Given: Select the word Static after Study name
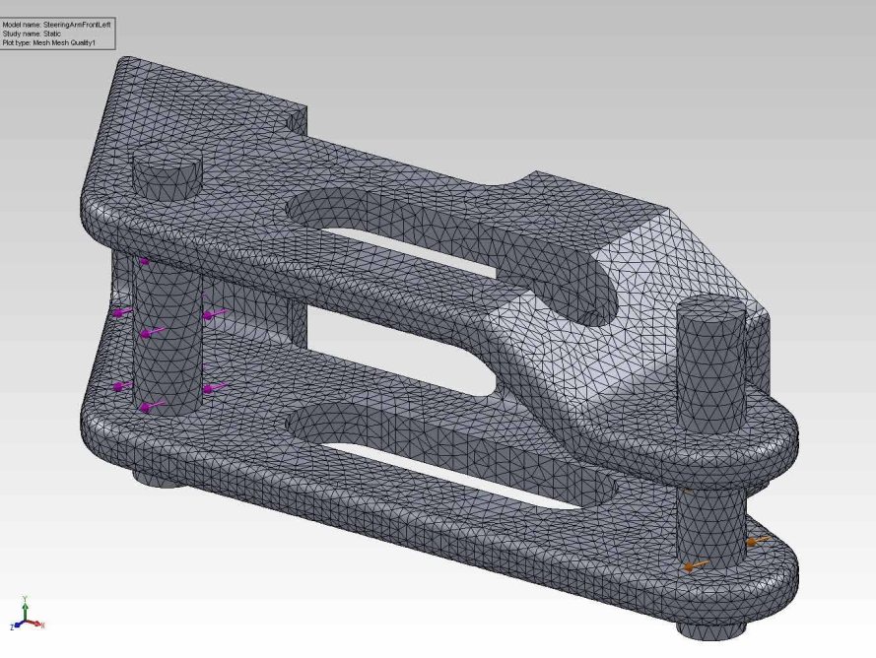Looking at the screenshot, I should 51,33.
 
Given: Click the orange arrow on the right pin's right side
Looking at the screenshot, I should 756,541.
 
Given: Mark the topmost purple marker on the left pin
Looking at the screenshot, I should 144,261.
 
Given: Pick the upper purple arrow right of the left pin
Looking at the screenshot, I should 214,314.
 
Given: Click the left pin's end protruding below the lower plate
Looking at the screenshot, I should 153,481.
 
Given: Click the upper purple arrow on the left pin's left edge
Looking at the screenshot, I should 122,312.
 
